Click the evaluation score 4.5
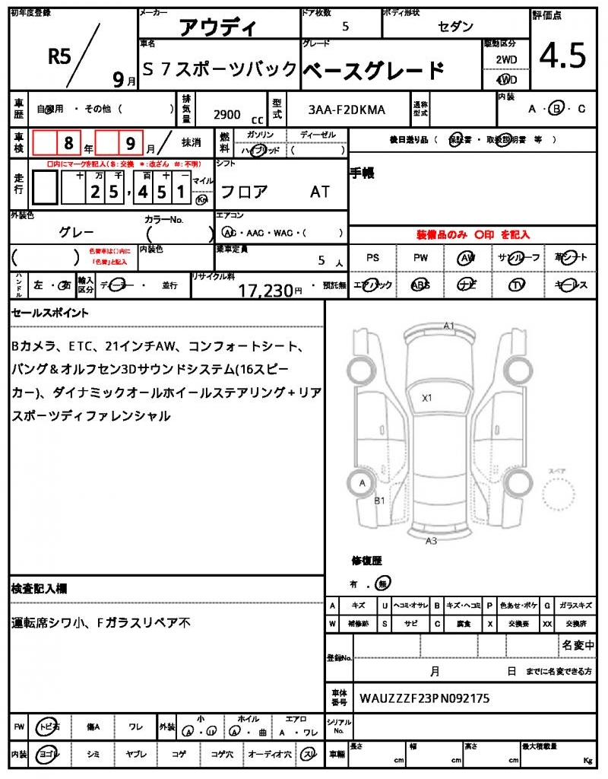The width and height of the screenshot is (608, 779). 562,55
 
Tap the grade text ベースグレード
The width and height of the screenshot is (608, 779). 373,71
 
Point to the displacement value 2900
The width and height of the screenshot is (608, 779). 226,114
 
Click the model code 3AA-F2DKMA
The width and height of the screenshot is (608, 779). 347,110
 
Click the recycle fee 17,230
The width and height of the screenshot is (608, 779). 265,290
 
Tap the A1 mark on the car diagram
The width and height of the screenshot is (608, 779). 449,326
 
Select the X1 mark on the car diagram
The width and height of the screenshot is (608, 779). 427,397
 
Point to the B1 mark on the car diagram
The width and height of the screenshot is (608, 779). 380,501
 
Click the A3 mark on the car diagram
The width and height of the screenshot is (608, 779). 431,541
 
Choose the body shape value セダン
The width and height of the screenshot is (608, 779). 456,27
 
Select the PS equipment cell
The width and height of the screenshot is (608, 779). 372,258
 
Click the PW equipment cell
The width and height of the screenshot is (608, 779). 420,258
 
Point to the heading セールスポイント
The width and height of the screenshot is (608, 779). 50,313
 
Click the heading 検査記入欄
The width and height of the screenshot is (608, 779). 39,589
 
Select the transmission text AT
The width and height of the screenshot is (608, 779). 320,192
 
